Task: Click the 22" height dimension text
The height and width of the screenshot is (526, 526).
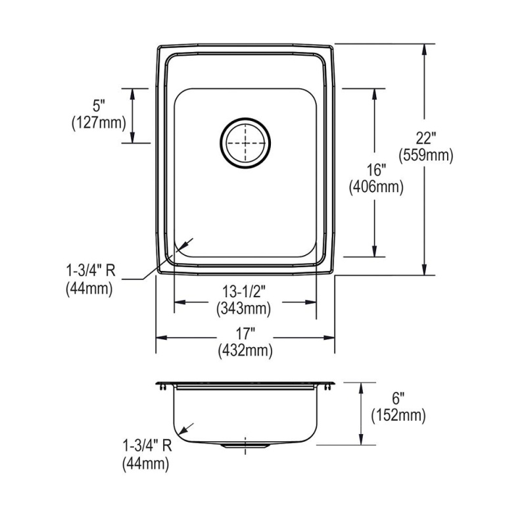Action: click(425, 138)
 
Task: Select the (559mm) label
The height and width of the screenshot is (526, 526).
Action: click(425, 155)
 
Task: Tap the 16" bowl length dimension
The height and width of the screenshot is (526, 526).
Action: click(376, 170)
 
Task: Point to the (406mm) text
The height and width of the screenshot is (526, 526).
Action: click(376, 187)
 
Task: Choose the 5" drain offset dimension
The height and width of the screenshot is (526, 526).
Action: click(99, 106)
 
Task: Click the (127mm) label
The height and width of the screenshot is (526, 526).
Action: click(99, 123)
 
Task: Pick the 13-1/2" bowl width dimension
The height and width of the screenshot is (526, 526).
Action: click(244, 291)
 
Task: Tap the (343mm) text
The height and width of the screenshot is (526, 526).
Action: click(244, 308)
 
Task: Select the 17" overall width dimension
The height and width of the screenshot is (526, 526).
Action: click(245, 334)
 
